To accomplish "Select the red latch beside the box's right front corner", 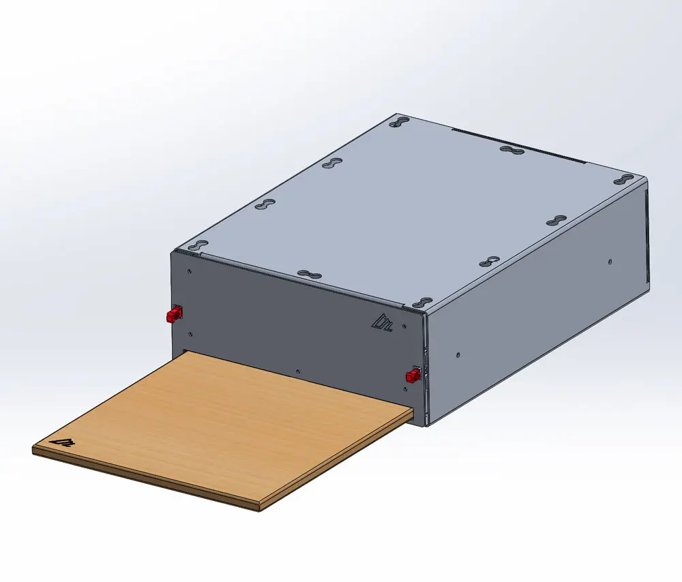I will [x=413, y=376].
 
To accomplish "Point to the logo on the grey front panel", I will [x=379, y=322].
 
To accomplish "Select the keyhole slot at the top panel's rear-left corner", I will [x=400, y=123].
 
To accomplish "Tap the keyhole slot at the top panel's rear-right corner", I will [x=625, y=180].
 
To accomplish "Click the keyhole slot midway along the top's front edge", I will [x=309, y=274].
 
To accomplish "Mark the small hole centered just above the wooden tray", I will [x=297, y=371].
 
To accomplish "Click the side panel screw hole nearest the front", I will [x=458, y=354].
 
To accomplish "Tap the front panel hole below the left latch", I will [x=190, y=333].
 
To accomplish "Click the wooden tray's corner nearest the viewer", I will [x=259, y=508].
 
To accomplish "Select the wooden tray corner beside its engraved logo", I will [x=34, y=450].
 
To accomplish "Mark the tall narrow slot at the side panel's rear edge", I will [x=645, y=239].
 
